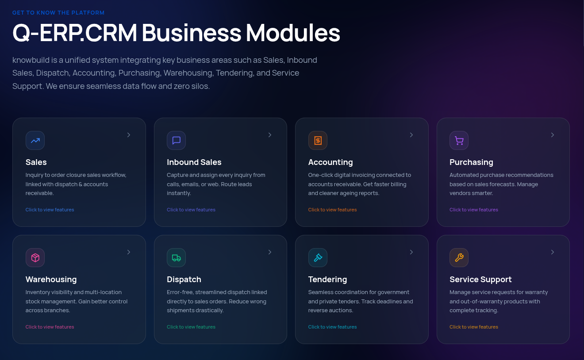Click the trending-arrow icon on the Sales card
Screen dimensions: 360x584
click(x=35, y=141)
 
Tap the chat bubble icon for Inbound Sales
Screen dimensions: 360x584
click(x=176, y=141)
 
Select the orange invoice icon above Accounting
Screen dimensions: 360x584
click(x=318, y=141)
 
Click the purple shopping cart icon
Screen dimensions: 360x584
click(x=459, y=141)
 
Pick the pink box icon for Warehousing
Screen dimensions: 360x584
click(x=35, y=258)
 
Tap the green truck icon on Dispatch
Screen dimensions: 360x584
click(x=176, y=258)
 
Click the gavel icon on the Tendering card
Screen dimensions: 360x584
click(x=318, y=258)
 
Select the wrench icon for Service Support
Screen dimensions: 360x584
click(x=459, y=258)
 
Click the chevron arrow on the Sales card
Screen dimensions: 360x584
click(x=129, y=135)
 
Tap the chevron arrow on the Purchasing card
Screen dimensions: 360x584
click(x=553, y=135)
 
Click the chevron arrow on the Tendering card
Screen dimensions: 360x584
click(x=411, y=252)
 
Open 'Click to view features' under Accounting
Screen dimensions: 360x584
click(x=332, y=210)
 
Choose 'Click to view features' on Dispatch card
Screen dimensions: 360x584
click(x=191, y=327)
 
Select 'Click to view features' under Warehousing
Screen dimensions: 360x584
click(x=50, y=327)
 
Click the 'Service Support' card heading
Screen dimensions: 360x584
click(x=480, y=280)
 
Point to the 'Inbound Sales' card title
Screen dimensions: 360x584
click(x=194, y=162)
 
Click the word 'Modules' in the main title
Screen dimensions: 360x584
click(x=293, y=33)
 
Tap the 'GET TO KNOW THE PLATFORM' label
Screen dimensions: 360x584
click(x=58, y=13)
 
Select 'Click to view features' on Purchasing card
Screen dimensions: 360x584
click(x=473, y=210)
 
